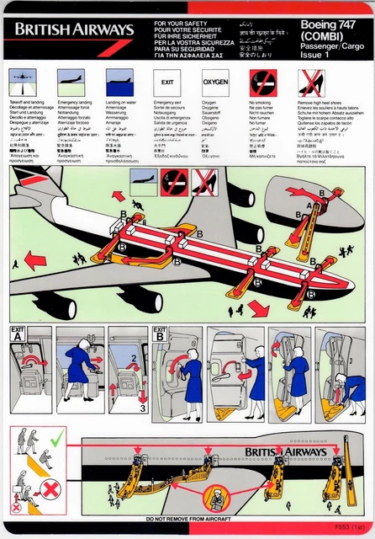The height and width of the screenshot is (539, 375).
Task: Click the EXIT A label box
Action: (x=18, y=333)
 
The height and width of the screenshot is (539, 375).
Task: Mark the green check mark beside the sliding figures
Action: (x=57, y=439)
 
